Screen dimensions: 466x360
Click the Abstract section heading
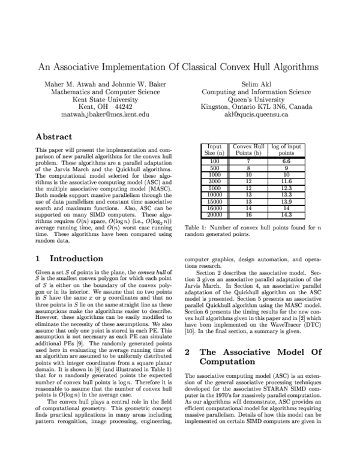pyautogui.click(x=54, y=137)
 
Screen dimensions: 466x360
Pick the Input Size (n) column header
pyautogui.click(x=214, y=150)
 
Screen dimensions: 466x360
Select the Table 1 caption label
pyautogui.click(x=197, y=245)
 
